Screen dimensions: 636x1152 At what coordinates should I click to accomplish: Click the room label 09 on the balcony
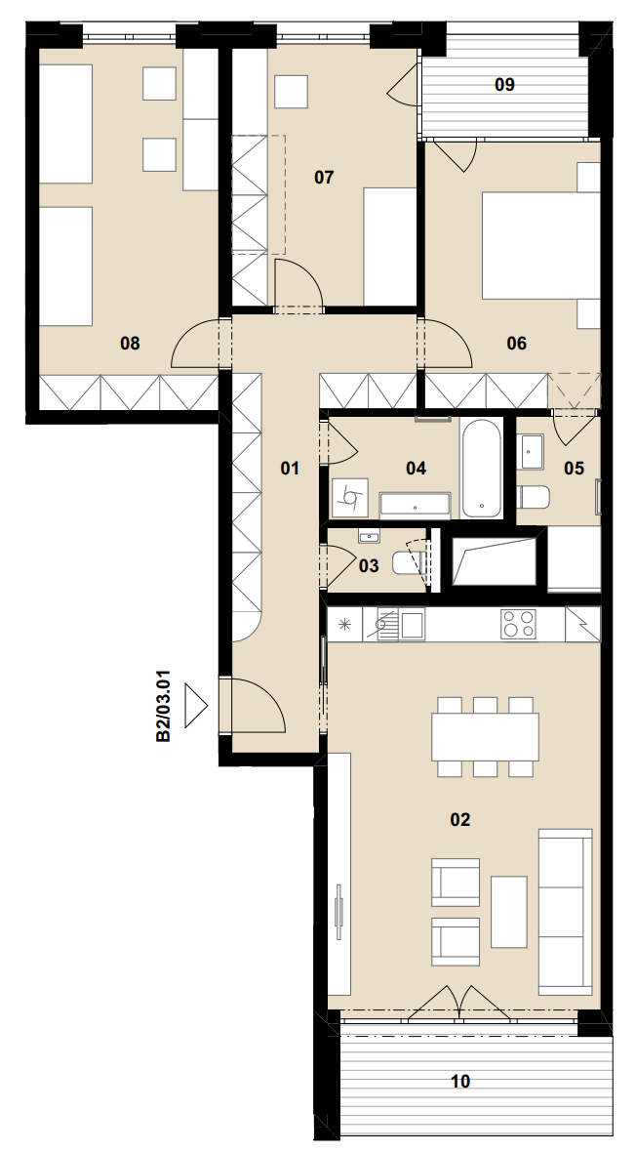504,85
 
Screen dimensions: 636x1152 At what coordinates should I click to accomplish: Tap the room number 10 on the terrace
460,1082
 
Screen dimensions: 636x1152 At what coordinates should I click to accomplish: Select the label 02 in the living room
459,819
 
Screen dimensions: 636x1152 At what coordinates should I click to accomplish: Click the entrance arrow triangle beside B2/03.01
195,705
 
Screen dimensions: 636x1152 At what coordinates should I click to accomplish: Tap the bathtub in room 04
482,468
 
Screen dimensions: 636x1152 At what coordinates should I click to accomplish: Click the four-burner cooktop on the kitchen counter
519,625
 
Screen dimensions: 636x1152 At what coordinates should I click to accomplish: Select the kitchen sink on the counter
401,625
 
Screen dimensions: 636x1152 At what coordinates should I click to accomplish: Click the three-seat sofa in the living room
566,912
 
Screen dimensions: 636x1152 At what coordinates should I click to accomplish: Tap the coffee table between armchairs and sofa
509,912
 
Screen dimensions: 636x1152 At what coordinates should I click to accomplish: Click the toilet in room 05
534,497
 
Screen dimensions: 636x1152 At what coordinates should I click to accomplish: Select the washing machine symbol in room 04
349,498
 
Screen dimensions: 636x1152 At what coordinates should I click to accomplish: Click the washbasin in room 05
532,452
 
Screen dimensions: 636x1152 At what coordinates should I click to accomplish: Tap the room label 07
324,177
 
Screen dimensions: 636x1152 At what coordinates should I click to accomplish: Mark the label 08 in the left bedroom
130,343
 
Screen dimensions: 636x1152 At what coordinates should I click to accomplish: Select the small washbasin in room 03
369,537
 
